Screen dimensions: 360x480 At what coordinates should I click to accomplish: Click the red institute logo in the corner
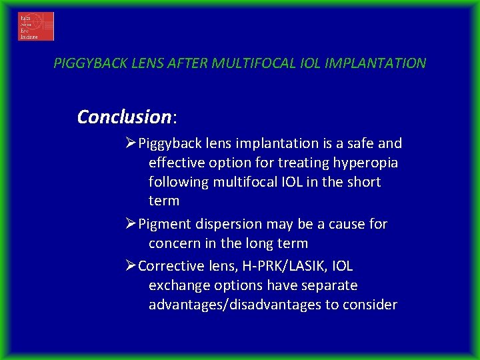[36, 27]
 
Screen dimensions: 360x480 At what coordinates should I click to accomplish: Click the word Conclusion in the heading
[124, 117]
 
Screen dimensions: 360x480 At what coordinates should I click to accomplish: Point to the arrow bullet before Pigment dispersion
[131, 224]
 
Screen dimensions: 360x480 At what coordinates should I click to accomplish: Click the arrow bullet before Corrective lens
[131, 266]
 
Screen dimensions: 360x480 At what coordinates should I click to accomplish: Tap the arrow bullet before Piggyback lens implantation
[131, 143]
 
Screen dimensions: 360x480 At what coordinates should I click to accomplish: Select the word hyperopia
[369, 163]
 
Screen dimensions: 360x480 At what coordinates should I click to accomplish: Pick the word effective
[177, 163]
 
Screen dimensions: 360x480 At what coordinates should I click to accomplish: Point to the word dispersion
[219, 225]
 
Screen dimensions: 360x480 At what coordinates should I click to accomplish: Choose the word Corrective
[171, 266]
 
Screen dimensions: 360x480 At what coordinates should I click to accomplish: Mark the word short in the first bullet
[361, 182]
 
